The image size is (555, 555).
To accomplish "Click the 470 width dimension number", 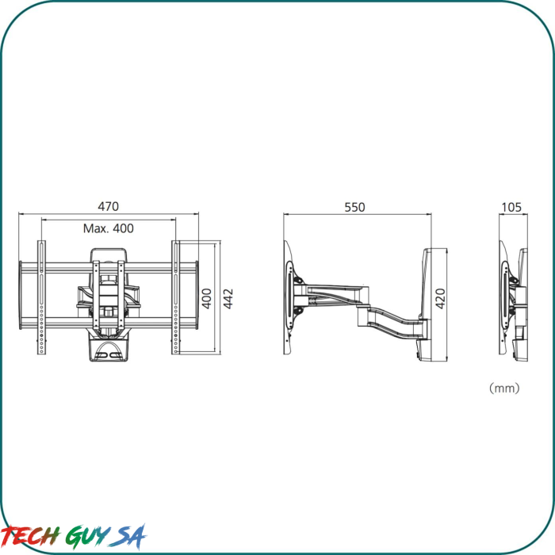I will pyautogui.click(x=109, y=207).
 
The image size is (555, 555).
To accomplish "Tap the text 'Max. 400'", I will pyautogui.click(x=109, y=228).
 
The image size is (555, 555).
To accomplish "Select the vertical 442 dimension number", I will pyautogui.click(x=228, y=298).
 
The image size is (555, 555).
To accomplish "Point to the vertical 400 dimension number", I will pyautogui.click(x=207, y=298).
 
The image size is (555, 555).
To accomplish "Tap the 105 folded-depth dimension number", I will pyautogui.click(x=511, y=207).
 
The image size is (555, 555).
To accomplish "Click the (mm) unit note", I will pyautogui.click(x=503, y=388).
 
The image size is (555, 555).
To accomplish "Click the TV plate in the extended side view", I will pyautogui.click(x=289, y=297).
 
